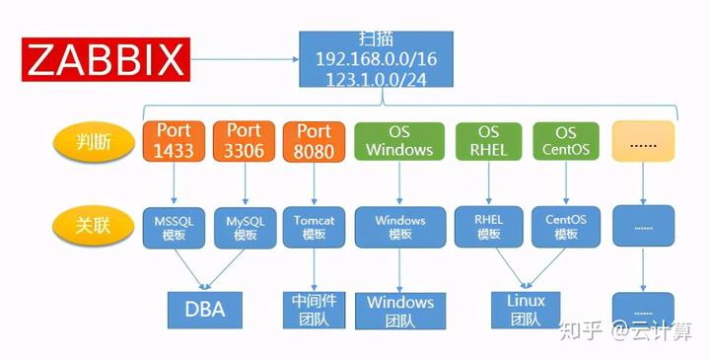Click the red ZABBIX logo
106,59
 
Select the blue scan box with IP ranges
376,59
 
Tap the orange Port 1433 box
174,141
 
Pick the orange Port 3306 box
245,141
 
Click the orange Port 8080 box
314,142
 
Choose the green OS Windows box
399,141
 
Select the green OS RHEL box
488,141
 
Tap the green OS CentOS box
566,141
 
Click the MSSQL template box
174,228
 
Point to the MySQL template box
245,228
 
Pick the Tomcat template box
314,227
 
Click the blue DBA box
205,310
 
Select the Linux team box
526,310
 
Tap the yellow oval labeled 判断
94,143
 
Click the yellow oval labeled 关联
94,226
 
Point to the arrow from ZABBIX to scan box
245,59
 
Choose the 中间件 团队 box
314,310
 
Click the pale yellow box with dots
643,141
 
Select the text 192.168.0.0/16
377,59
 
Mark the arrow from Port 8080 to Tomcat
314,183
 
